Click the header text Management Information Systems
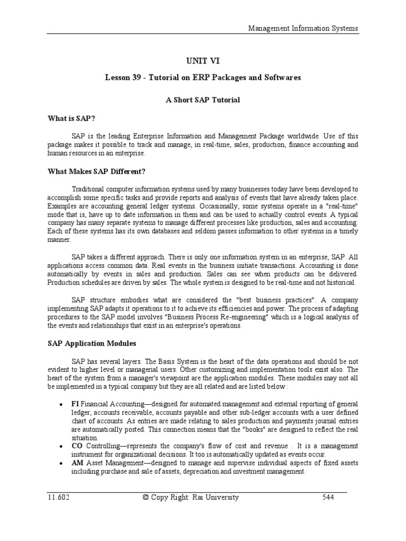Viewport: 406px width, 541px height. click(303, 28)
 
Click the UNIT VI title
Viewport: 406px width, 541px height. click(202, 61)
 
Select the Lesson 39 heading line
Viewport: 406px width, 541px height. click(202, 77)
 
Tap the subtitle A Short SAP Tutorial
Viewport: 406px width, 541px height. click(202, 100)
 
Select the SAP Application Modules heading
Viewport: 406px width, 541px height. click(91, 343)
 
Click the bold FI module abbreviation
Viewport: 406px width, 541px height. click(76, 404)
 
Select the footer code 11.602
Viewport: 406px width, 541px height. click(57, 497)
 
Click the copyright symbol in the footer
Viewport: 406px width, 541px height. click(146, 497)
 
